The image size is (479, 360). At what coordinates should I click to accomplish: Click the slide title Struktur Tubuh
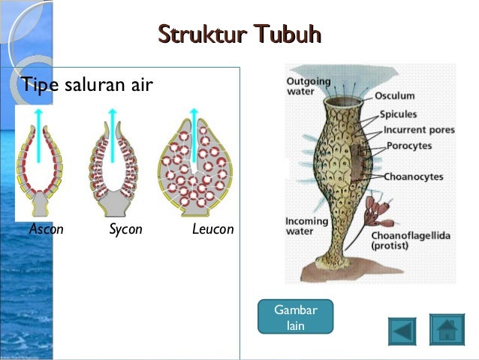(240, 35)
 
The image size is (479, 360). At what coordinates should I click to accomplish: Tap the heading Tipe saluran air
(88, 84)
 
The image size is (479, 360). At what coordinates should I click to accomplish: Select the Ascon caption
(47, 229)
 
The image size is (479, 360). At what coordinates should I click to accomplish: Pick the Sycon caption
(125, 229)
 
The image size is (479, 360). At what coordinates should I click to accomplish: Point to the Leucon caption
(212, 229)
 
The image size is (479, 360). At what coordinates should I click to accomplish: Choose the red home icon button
(447, 329)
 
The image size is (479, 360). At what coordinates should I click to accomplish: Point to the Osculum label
(395, 96)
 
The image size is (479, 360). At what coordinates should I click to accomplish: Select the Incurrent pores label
(419, 129)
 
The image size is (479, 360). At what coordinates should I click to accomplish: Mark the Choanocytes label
(414, 177)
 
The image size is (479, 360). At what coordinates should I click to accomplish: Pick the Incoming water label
(307, 226)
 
